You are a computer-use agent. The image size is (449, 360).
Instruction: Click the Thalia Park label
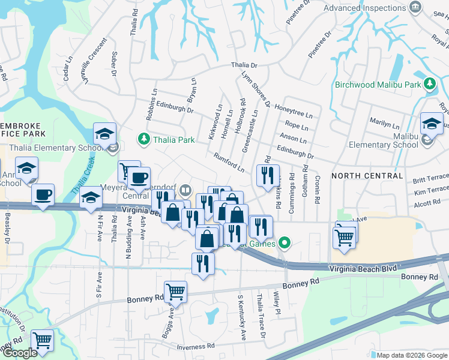tap(174, 140)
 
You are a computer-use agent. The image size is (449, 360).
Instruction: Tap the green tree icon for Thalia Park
tap(144, 140)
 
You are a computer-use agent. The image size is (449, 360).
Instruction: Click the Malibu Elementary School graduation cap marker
tap(431, 124)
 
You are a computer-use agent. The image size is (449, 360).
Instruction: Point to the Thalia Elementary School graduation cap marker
tap(104, 134)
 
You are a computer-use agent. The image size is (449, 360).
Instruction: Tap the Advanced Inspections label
tap(364, 8)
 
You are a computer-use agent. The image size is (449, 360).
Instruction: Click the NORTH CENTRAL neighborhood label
tap(367, 176)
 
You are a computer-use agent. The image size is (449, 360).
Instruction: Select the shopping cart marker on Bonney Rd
tap(175, 292)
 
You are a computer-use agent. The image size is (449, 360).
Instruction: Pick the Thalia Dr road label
tap(244, 65)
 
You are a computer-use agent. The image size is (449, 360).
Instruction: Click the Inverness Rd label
tap(196, 347)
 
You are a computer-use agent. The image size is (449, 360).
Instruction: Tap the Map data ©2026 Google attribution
tap(411, 355)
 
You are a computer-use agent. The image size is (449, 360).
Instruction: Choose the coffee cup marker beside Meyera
tap(139, 178)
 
